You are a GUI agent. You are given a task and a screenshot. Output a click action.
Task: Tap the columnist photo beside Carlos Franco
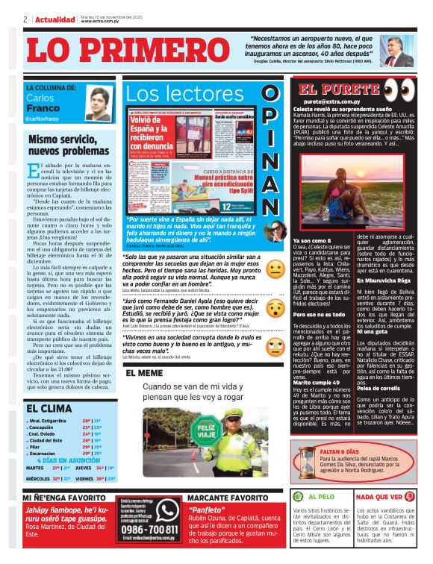click(99, 104)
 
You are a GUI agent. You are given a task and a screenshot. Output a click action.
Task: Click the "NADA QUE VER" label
click(383, 496)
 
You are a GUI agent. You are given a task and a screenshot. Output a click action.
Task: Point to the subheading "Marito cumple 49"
click(316, 381)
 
